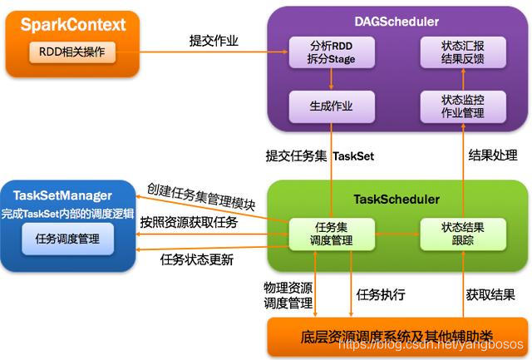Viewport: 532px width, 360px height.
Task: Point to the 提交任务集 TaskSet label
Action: pos(307,155)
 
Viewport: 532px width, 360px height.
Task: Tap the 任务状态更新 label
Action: pos(196,259)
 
